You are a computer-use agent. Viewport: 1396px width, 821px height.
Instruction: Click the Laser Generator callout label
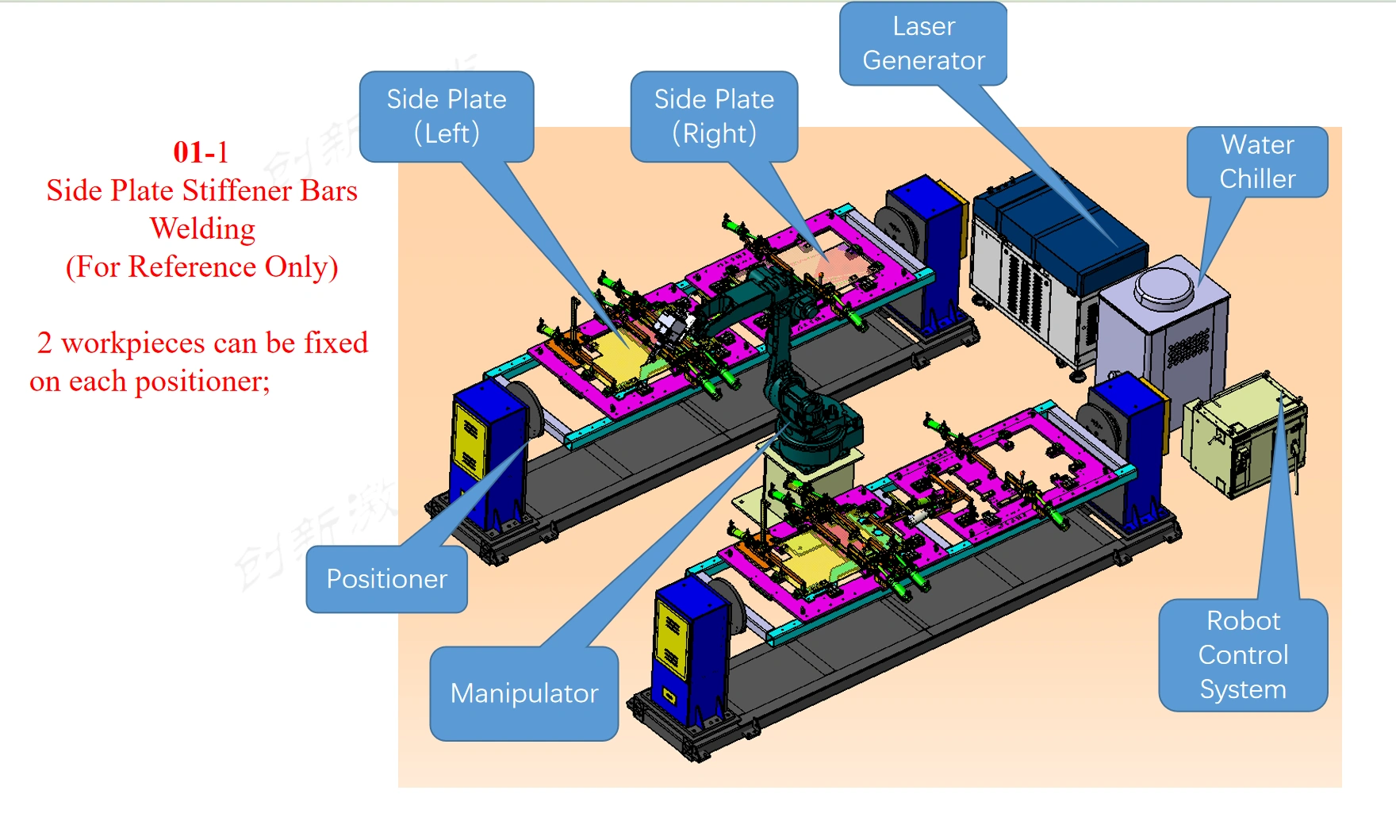pos(923,44)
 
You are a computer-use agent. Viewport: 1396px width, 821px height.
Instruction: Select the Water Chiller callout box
pos(1257,162)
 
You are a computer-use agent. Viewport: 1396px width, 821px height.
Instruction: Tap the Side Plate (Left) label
pos(447,116)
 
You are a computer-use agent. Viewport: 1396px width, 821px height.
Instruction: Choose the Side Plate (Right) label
pos(714,116)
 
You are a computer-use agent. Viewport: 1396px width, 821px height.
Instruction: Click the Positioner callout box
pos(386,579)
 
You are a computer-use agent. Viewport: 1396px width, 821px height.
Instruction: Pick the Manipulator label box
pos(523,693)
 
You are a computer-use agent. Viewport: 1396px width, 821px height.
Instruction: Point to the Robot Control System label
pos(1243,655)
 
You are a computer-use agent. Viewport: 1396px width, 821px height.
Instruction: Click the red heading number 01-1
pos(201,152)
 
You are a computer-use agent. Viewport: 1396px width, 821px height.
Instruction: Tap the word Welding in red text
pos(202,228)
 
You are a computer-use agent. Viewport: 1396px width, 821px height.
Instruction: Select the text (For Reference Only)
pos(201,267)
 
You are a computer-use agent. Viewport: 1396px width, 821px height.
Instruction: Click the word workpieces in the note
pos(133,343)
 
